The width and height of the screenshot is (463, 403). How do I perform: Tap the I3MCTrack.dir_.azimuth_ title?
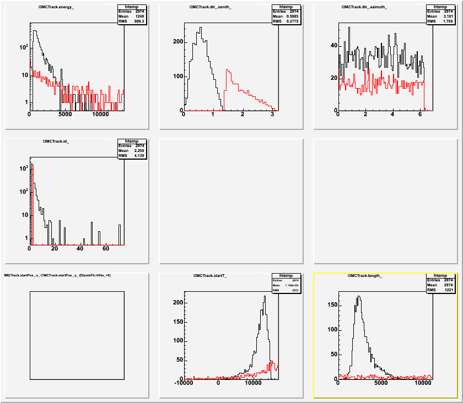[x=364, y=7]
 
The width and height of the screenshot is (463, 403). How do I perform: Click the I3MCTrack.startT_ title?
[x=210, y=275]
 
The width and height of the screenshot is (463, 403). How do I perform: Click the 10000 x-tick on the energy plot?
[x=100, y=116]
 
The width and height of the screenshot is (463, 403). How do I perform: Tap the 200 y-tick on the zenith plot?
[x=177, y=42]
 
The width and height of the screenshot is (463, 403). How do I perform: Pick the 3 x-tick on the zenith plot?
[x=272, y=116]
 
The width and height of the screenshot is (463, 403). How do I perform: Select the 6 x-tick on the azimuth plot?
[x=419, y=116]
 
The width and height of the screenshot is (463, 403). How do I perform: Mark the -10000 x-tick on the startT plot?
[x=185, y=384]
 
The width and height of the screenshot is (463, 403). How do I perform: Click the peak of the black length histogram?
[x=359, y=296]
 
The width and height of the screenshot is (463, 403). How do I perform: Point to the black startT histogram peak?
[x=265, y=296]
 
